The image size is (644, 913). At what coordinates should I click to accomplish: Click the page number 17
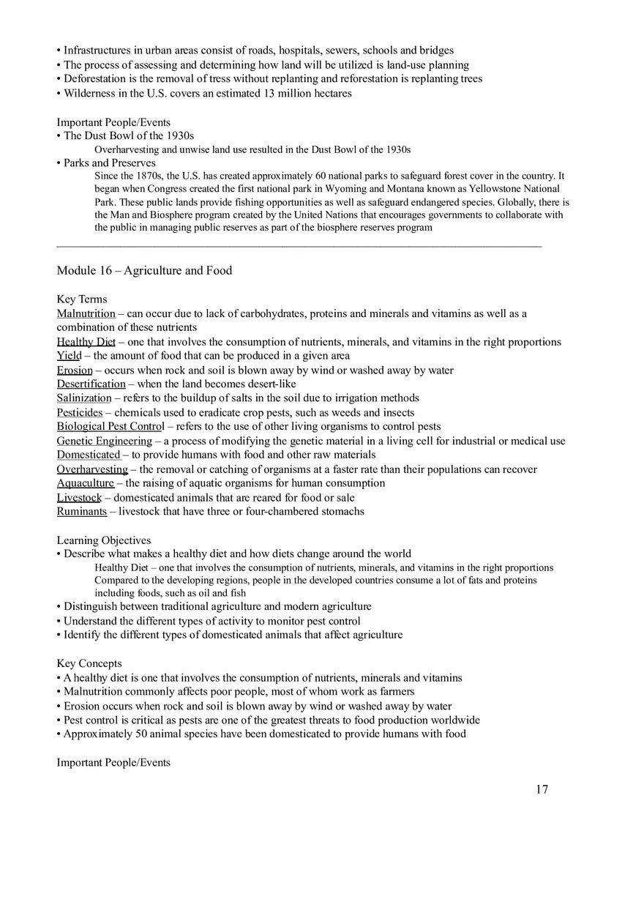542,789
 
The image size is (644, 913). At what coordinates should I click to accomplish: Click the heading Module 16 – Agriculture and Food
144,271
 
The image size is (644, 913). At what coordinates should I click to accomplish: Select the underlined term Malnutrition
86,314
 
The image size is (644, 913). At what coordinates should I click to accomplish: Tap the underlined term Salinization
84,398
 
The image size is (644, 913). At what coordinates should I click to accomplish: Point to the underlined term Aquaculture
86,483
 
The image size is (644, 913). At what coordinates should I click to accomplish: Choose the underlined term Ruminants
82,512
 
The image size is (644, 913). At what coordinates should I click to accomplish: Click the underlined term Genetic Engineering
105,441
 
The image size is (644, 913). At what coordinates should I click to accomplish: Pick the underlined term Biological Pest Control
111,427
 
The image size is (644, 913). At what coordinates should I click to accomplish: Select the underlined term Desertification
91,384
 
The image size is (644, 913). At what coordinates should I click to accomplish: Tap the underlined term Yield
69,356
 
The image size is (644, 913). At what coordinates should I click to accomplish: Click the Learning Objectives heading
104,540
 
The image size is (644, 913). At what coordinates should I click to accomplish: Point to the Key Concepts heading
89,663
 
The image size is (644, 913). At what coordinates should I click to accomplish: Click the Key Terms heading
82,299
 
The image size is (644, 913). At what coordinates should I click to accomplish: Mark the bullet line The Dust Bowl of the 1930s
129,136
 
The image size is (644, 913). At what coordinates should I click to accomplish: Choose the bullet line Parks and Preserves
110,163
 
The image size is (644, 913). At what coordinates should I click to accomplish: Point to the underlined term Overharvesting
92,469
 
